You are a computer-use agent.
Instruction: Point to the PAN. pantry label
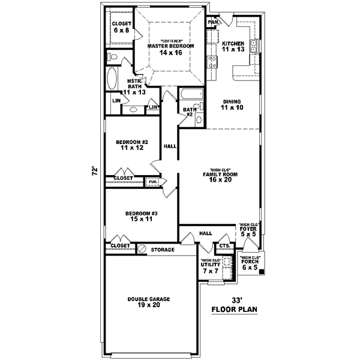tap(212, 22)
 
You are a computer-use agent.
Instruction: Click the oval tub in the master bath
tap(112, 78)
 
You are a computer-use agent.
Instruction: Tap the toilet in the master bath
tap(112, 56)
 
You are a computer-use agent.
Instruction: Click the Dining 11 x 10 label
tap(232, 105)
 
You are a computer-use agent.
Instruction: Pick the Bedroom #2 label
tap(132, 145)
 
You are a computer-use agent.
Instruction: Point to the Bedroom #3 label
tap(141, 217)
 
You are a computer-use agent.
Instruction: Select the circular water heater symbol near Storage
tap(142, 248)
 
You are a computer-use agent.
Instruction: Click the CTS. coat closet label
tap(224, 246)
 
